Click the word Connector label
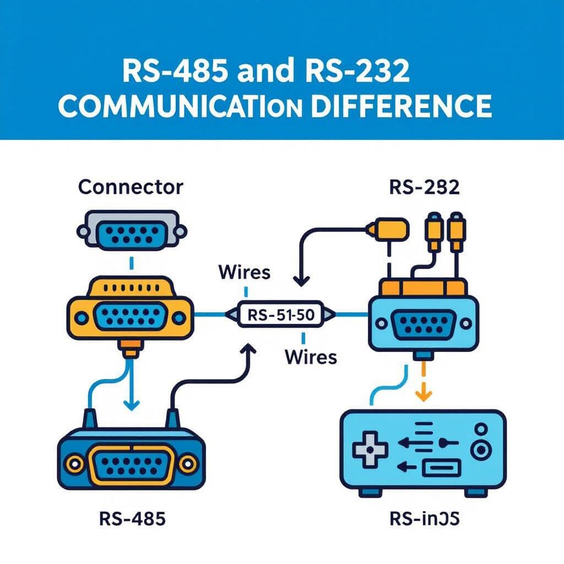coord(130,187)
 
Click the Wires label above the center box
coord(244,272)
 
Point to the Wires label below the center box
coord(310,356)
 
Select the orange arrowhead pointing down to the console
coord(422,395)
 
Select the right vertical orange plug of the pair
coord(457,231)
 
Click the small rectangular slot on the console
coord(441,469)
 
